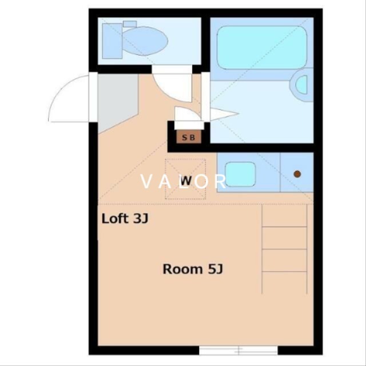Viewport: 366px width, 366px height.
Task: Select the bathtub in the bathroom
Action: tap(260, 47)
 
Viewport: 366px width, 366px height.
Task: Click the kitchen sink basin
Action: tap(240, 174)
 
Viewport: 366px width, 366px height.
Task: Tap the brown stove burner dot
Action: tap(297, 173)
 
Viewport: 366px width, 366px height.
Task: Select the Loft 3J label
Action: tap(125, 218)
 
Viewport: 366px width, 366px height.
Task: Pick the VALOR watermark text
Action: tap(184, 182)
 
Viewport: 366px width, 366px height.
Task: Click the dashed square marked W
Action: tap(185, 179)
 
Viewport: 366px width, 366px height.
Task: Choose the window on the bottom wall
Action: tap(238, 349)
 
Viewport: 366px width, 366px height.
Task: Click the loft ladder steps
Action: tap(284, 249)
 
